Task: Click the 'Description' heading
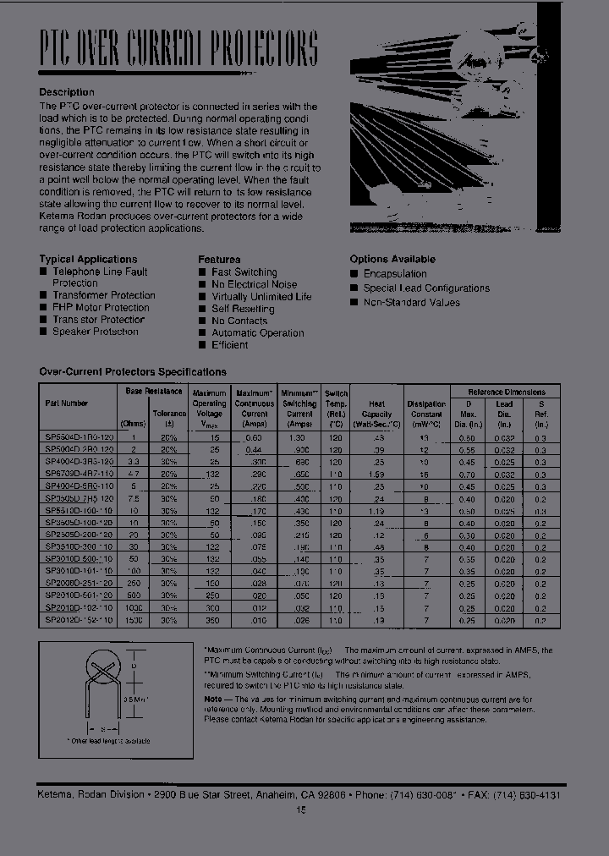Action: point(67,91)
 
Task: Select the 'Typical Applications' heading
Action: point(88,259)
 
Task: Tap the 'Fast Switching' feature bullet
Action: point(244,272)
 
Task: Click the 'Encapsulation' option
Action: point(395,274)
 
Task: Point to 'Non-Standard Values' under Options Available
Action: point(411,302)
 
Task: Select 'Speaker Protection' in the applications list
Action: point(95,332)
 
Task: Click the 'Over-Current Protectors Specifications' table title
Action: point(133,371)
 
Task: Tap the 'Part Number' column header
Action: point(66,403)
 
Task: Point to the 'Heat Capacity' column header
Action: point(376,409)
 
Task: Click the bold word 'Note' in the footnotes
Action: point(212,700)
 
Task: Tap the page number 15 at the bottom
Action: point(300,809)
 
